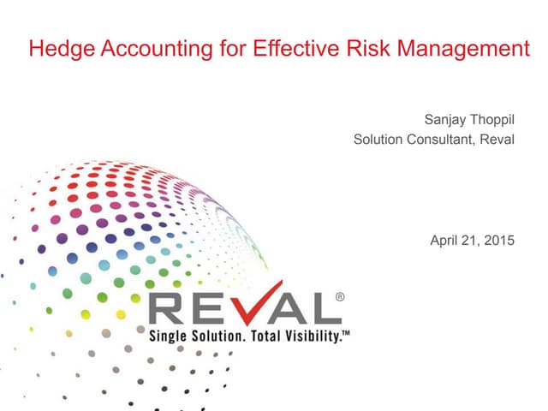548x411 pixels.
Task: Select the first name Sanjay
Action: point(445,119)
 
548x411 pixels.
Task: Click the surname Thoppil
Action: point(493,119)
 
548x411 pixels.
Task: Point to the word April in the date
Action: point(444,240)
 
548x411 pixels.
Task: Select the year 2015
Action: point(499,240)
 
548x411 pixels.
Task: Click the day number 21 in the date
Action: point(471,240)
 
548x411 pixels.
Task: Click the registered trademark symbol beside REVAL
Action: point(340,297)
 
